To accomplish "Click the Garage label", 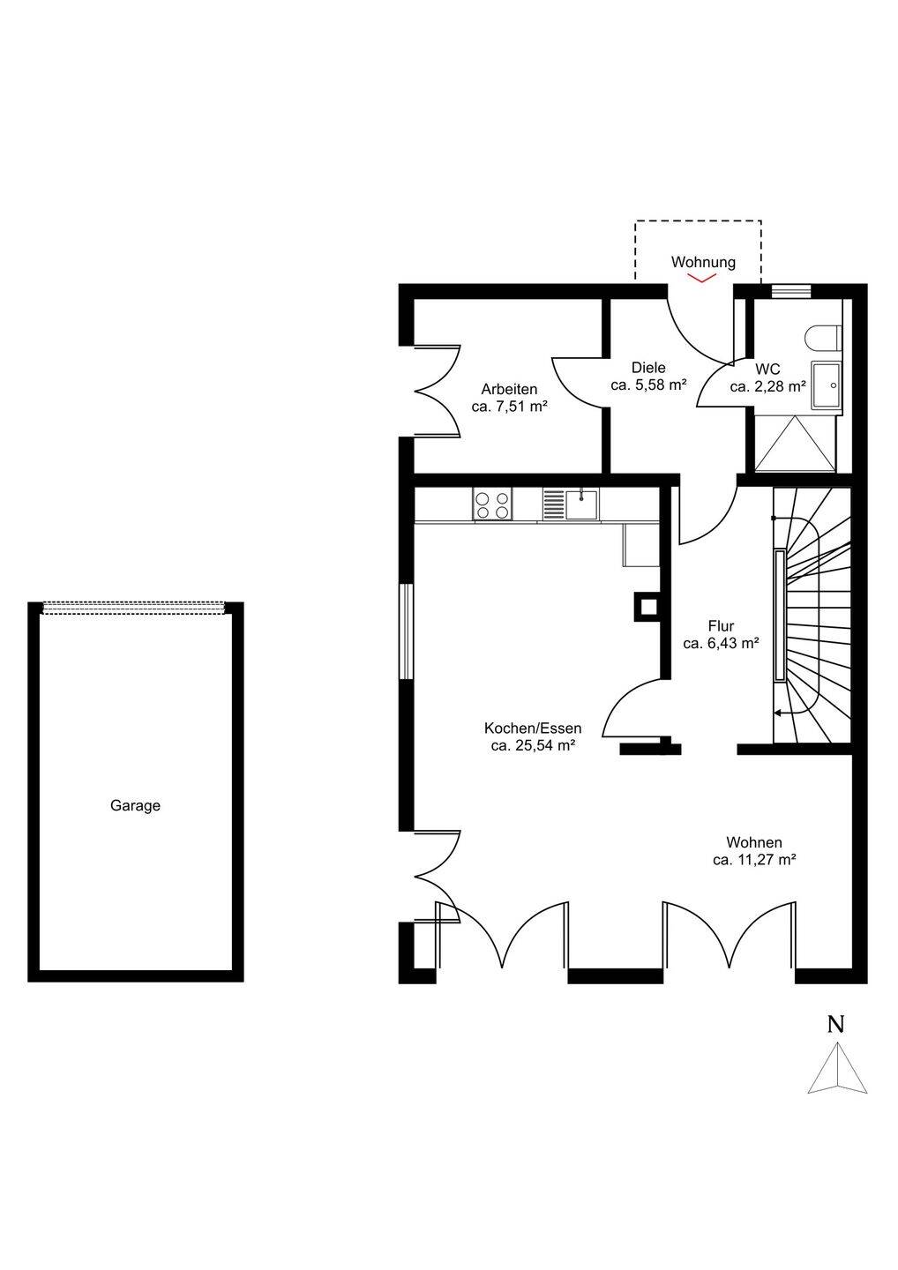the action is tap(135, 806).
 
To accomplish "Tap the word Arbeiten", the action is tap(509, 390).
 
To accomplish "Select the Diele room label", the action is tap(648, 368).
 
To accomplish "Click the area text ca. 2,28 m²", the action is tap(768, 387).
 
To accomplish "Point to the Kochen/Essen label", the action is tap(533, 728).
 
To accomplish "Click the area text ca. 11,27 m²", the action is tap(754, 860).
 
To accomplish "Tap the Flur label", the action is tap(721, 626).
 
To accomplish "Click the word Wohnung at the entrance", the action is tap(703, 262).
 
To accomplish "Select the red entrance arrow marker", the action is tap(702, 278).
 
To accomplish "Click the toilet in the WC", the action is tap(823, 337).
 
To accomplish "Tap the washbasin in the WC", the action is tap(826, 385).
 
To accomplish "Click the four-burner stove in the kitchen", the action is tap(492, 505).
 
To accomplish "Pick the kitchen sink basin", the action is tap(581, 504).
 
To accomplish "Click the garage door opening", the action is tap(134, 608).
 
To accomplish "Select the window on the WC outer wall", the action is tap(791, 291).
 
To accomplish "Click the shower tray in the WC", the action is tap(796, 444).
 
